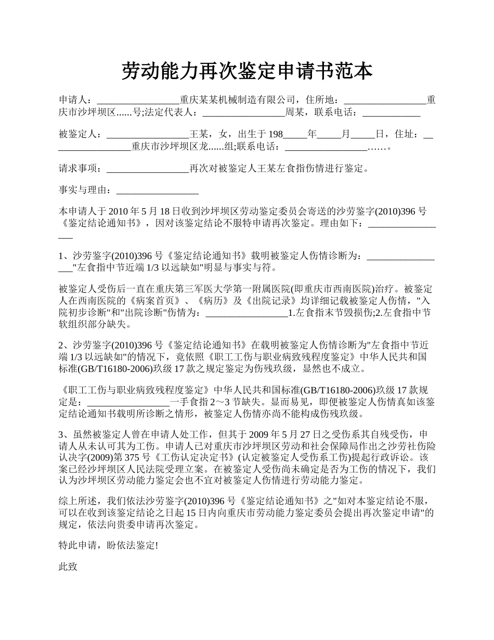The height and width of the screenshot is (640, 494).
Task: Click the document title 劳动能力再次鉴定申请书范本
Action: click(x=247, y=71)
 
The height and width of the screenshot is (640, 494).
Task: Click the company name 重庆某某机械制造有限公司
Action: click(x=238, y=100)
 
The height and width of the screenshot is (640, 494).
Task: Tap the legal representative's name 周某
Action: click(x=295, y=112)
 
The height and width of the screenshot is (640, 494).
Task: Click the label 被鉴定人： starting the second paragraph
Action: click(x=82, y=134)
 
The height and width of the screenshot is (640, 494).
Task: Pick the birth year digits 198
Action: click(x=274, y=134)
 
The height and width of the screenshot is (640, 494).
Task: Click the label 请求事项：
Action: click(x=82, y=169)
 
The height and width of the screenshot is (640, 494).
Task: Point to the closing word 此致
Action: click(x=68, y=567)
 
